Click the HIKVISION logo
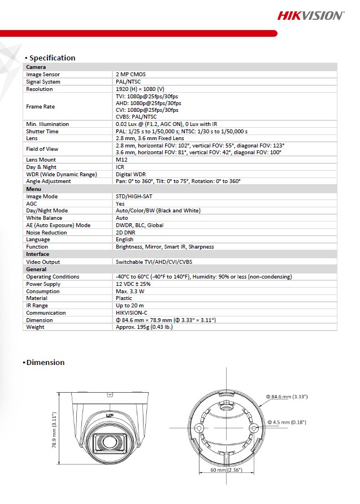pyautogui.click(x=310, y=16)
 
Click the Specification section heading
pyautogui.click(x=52, y=58)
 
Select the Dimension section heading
pyautogui.click(x=46, y=362)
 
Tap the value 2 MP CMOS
pyautogui.click(x=131, y=75)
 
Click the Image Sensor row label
pyautogui.click(x=43, y=75)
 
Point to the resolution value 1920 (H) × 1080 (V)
pyautogui.click(x=140, y=89)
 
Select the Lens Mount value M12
pyautogui.click(x=121, y=160)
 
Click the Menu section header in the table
pyautogui.click(x=34, y=189)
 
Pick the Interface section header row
pyautogui.click(x=38, y=254)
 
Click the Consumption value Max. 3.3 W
pyautogui.click(x=132, y=291)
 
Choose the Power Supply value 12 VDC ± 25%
pyautogui.click(x=133, y=284)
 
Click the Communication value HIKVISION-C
pyautogui.click(x=134, y=313)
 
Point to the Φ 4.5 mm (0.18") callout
pyautogui.click(x=286, y=422)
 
